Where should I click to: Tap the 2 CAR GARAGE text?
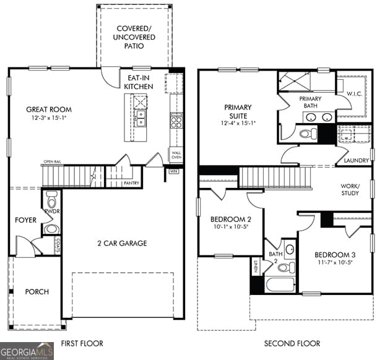tap(121, 243)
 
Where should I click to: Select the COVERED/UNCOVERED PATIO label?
tap(135, 37)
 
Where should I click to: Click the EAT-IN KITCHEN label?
tap(139, 82)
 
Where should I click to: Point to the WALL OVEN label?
tap(176, 155)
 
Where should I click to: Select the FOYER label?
tap(25, 220)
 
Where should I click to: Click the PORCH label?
tap(37, 291)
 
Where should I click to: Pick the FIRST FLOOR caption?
tap(82, 343)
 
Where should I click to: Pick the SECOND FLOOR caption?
tap(292, 343)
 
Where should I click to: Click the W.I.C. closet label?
tap(354, 94)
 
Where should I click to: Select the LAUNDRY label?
tap(356, 161)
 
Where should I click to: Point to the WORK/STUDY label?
tap(350, 189)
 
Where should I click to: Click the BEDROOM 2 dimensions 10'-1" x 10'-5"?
tap(230, 226)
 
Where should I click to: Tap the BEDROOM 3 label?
tap(335, 255)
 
